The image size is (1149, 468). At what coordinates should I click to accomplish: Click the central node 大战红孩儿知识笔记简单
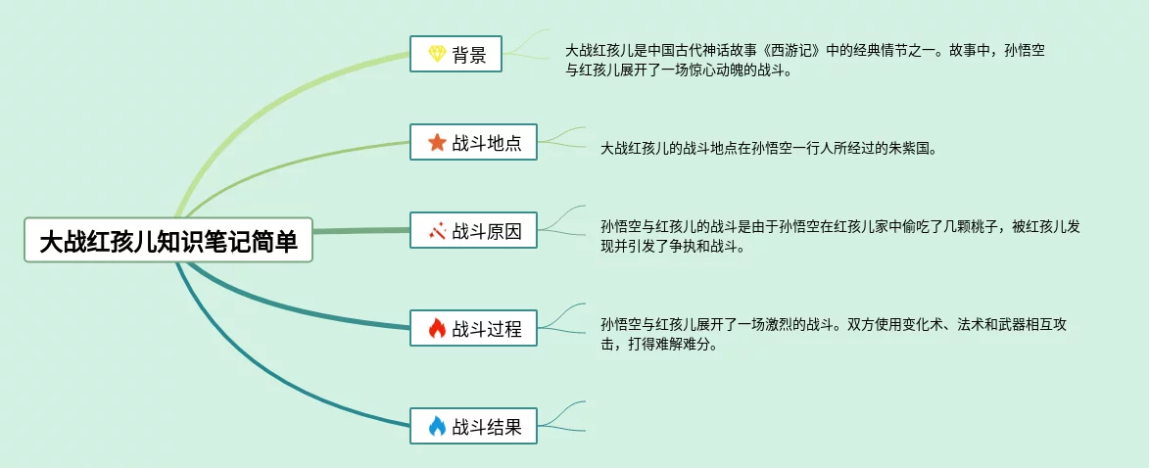point(168,240)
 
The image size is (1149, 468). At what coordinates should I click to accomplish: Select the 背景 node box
point(455,54)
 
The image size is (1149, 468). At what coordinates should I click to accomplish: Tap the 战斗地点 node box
point(473,142)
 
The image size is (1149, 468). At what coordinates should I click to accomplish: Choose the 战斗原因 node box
point(473,231)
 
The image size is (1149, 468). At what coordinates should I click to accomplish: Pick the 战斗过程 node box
point(473,328)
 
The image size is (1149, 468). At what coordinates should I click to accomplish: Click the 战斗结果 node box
point(473,426)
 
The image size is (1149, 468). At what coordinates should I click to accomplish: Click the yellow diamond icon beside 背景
point(437,54)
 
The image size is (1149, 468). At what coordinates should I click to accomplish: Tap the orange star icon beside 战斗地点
point(437,142)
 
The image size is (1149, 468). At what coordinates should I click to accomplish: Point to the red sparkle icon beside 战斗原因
point(437,231)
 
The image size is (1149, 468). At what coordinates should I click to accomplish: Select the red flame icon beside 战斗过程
point(437,328)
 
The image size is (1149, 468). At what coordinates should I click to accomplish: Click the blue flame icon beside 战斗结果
point(437,426)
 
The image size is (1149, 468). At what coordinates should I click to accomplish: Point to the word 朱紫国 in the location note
point(914,149)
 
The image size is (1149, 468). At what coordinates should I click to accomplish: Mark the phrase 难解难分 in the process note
point(683,345)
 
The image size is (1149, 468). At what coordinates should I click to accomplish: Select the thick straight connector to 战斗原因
point(362,232)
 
